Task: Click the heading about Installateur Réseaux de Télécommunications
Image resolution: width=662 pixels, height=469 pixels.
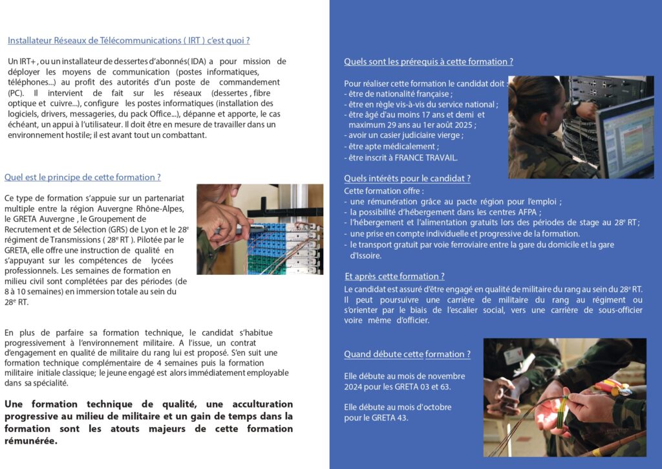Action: pos(129,40)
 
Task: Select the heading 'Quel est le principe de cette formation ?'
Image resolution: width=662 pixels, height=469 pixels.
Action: pos(82,177)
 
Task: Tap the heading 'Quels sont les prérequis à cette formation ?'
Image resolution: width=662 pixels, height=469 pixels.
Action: pos(429,61)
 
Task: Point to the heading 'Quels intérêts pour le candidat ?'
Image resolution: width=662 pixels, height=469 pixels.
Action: pos(407,178)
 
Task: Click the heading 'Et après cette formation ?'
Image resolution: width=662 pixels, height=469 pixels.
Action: pos(394,276)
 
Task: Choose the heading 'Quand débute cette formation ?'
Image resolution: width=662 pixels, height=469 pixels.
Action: pos(407,354)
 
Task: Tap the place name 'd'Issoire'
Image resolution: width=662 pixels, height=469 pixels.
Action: pos(366,256)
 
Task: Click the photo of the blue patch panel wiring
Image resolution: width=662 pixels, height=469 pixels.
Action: pos(260,229)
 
